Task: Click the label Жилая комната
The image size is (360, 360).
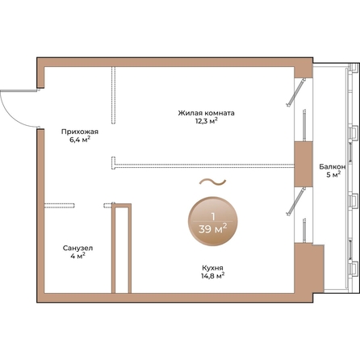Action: pyautogui.click(x=206, y=113)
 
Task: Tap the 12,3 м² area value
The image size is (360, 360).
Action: pyautogui.click(x=207, y=121)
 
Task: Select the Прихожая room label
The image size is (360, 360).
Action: pyautogui.click(x=80, y=132)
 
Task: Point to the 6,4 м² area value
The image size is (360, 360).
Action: pyautogui.click(x=80, y=140)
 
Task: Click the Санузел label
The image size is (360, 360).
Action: pyautogui.click(x=77, y=248)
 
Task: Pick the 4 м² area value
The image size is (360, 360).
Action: pyautogui.click(x=77, y=256)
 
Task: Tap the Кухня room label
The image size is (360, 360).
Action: pyautogui.click(x=212, y=268)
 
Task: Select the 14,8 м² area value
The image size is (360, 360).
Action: pyautogui.click(x=212, y=276)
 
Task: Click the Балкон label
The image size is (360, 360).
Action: pyautogui.click(x=333, y=167)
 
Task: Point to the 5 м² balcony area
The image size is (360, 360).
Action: pyautogui.click(x=333, y=175)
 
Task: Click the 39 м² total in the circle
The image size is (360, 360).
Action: pyautogui.click(x=212, y=229)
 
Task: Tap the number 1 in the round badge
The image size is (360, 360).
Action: pyautogui.click(x=213, y=216)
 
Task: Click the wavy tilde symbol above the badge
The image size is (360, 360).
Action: pyautogui.click(x=212, y=182)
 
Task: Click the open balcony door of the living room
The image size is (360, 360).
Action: pyautogui.click(x=296, y=92)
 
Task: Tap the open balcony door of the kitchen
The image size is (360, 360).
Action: pyautogui.click(x=296, y=202)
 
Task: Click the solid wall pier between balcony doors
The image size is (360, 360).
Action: pyautogui.click(x=303, y=164)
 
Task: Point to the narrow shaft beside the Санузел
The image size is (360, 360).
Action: pyautogui.click(x=121, y=249)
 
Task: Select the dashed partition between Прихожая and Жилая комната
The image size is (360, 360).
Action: pyautogui.click(x=114, y=95)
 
